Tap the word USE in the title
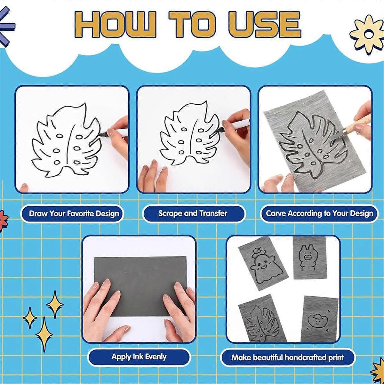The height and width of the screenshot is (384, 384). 264,24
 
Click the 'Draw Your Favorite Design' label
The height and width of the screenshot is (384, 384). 74,214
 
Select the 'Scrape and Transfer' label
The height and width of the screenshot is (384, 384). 193,213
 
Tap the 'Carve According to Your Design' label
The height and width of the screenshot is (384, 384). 319,213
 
